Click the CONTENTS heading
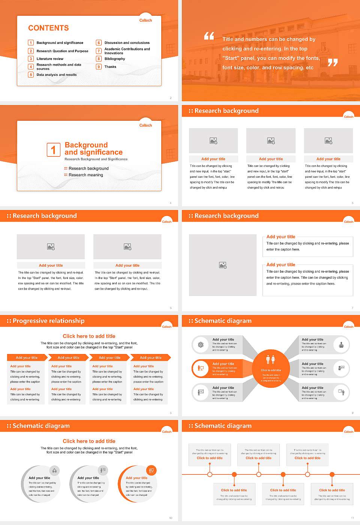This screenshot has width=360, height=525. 48,28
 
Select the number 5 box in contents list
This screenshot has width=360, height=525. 31,75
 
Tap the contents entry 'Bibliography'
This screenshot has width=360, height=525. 115,59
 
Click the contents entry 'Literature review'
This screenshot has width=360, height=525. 50,59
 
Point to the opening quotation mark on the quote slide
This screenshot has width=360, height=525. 209,36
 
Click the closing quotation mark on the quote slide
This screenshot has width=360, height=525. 332,63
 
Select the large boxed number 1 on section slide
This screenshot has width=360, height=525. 53,150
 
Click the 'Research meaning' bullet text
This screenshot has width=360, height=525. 85,175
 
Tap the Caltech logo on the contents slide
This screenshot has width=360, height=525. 145,21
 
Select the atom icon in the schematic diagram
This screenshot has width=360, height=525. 201,345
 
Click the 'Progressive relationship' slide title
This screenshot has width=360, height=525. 48,321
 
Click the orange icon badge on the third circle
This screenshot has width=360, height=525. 151,470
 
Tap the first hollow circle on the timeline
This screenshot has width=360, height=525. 210,474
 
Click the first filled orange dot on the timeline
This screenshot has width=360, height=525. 234,474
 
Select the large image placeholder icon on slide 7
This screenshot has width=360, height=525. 223,265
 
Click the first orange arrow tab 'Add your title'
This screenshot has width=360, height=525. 27,358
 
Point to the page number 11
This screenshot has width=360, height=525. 352,518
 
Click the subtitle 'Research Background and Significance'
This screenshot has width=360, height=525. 96,159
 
